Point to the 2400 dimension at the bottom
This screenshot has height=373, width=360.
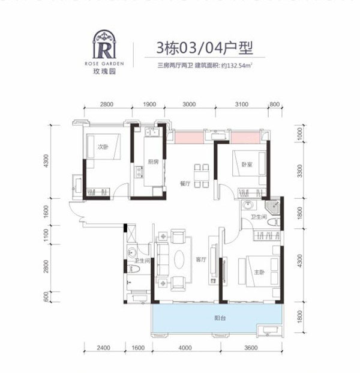point(104,348)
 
